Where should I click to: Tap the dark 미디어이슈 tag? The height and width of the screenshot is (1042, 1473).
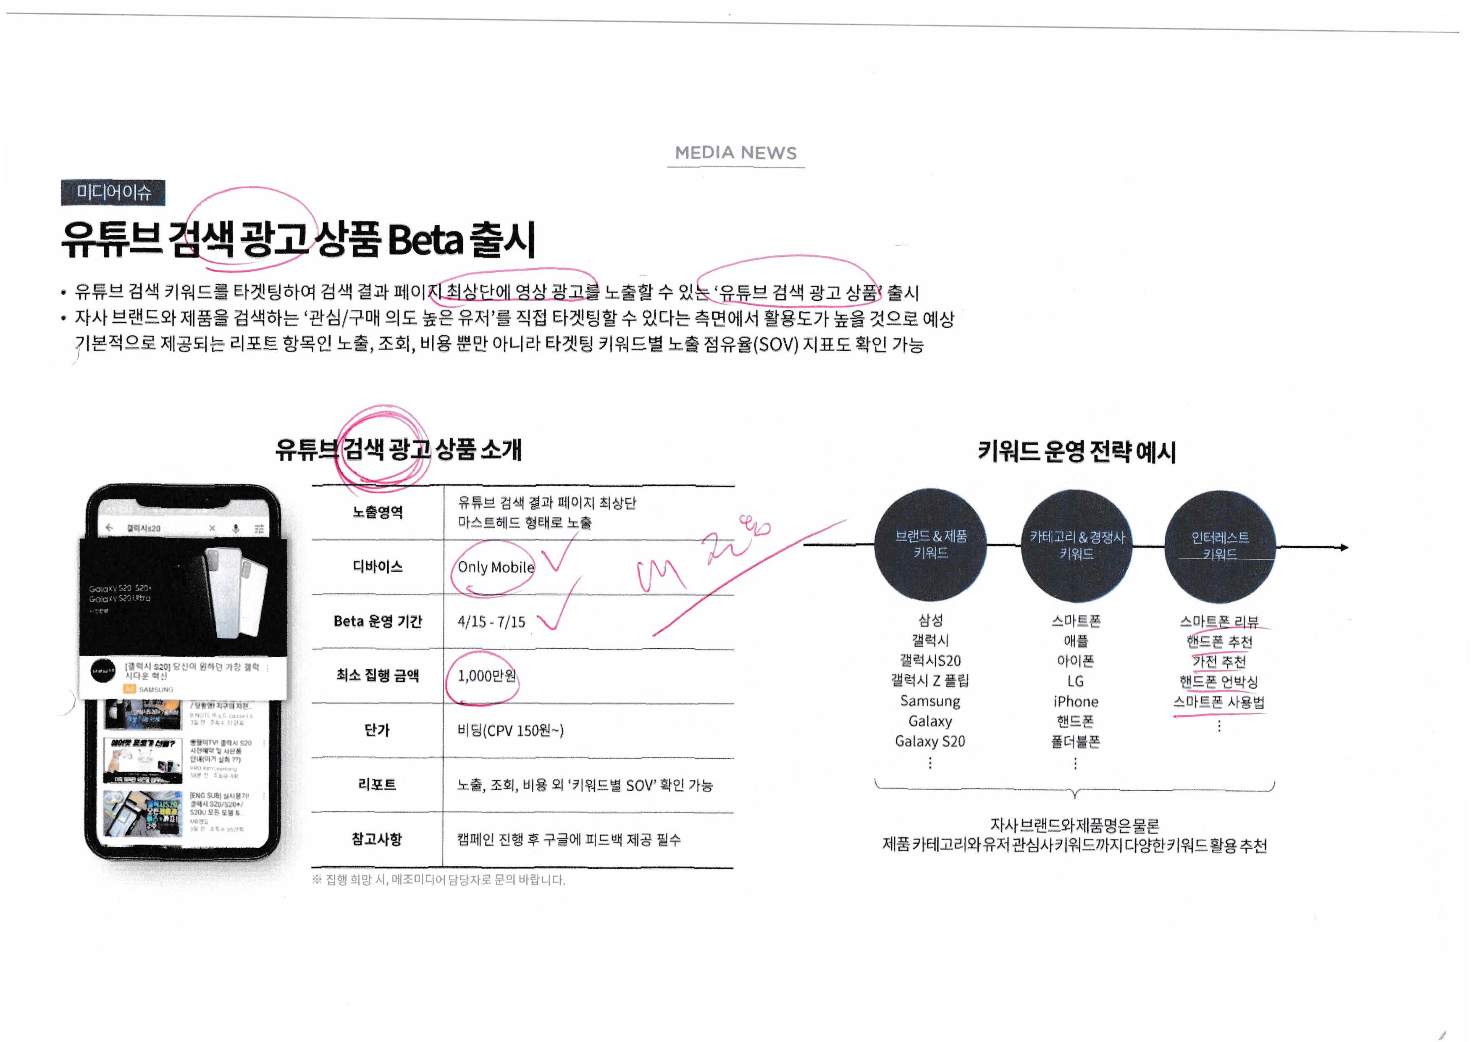click(113, 192)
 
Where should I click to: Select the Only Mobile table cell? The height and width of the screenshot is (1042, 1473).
click(495, 567)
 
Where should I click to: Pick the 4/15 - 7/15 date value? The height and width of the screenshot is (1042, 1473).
click(491, 622)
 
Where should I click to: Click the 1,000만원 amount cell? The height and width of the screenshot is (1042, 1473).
click(486, 676)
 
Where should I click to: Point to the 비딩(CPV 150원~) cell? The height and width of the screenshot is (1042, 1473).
click(510, 730)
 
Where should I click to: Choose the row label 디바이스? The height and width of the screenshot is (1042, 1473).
click(377, 566)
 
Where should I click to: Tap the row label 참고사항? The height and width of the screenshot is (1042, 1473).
click(377, 839)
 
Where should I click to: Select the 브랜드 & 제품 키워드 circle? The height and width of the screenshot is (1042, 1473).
click(930, 545)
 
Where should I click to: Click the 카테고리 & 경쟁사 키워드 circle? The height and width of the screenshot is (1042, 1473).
click(1077, 545)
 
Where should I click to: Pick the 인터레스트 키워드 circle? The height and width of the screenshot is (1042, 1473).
click(1220, 546)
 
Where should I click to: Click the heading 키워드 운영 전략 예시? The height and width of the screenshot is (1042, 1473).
click(1077, 452)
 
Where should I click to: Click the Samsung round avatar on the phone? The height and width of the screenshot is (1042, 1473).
click(102, 671)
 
